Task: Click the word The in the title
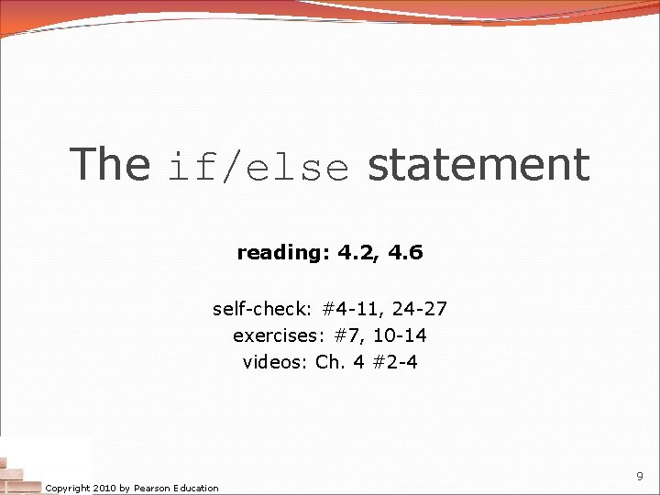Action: (x=110, y=165)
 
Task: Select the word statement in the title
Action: (x=478, y=165)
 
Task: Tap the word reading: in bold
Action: (x=283, y=253)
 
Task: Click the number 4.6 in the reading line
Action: (x=405, y=252)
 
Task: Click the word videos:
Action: (x=276, y=362)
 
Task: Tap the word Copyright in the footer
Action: (x=68, y=488)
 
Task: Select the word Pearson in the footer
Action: (x=153, y=488)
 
